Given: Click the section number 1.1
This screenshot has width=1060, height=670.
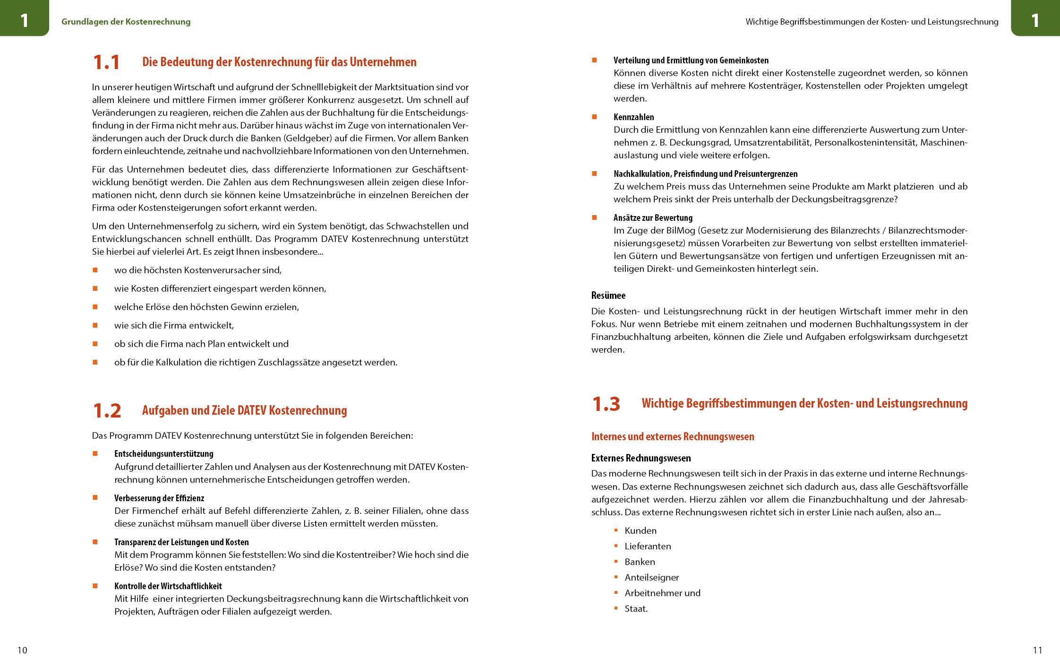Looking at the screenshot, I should pyautogui.click(x=106, y=62).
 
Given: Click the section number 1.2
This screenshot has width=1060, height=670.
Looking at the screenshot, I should pyautogui.click(x=107, y=410).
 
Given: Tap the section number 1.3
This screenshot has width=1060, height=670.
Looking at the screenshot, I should pyautogui.click(x=606, y=404).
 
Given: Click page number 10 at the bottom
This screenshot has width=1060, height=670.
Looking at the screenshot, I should pyautogui.click(x=22, y=650).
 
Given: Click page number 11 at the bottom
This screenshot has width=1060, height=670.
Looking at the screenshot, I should pyautogui.click(x=1037, y=650).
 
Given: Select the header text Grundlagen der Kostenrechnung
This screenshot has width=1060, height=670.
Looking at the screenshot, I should pyautogui.click(x=126, y=22).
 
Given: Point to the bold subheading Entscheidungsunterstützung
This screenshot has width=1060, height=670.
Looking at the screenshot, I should pyautogui.click(x=163, y=454).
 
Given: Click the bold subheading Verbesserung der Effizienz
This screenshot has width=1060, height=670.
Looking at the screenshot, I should pyautogui.click(x=159, y=498).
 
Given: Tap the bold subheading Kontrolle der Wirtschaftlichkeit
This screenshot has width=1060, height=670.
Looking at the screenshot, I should pyautogui.click(x=168, y=586).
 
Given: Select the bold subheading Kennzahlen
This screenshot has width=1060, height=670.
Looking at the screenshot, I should pyautogui.click(x=633, y=117).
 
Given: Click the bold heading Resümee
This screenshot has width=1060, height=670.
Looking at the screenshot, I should pyautogui.click(x=608, y=296).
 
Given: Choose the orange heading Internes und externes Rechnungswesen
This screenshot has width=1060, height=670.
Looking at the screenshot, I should pyautogui.click(x=672, y=436).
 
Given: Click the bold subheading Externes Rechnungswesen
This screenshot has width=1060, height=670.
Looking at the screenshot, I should pyautogui.click(x=641, y=458).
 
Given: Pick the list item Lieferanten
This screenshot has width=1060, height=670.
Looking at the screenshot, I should pyautogui.click(x=647, y=546).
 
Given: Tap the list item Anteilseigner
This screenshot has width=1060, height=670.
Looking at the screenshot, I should pyautogui.click(x=651, y=577).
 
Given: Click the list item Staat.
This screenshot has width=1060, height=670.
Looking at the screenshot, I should pyautogui.click(x=636, y=609).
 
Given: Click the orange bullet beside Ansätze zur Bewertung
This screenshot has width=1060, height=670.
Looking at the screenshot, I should pyautogui.click(x=594, y=218).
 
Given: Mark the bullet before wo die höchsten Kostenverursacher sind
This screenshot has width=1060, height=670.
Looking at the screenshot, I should pyautogui.click(x=95, y=270).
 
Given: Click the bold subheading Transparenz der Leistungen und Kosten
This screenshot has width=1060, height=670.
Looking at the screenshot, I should pyautogui.click(x=181, y=542).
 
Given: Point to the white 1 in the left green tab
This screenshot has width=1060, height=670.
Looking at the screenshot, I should pyautogui.click(x=24, y=20).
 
